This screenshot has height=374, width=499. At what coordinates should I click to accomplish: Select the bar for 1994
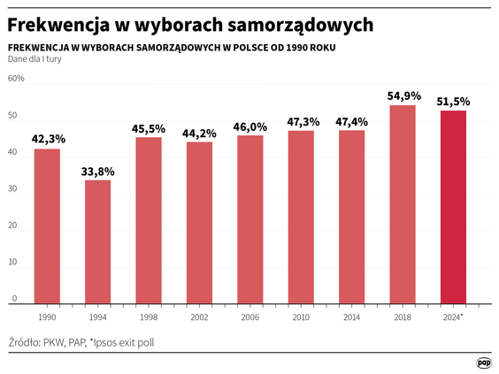coord(97,242)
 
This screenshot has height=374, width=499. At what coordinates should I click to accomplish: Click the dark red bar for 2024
coord(453,208)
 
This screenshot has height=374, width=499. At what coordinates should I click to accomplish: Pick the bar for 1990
coord(47,226)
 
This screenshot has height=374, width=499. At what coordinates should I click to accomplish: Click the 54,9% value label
coord(403,95)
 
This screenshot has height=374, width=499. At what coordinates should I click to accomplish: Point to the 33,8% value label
coord(98,171)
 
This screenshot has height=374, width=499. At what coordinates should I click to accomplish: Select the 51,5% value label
coord(453,102)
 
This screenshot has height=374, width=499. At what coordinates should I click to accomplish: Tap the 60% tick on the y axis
coord(16,79)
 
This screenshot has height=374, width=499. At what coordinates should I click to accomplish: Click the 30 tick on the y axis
coord(13,190)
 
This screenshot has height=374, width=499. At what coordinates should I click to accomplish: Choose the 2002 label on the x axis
coord(200,316)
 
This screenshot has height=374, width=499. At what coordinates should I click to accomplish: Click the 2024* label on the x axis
coord(454,316)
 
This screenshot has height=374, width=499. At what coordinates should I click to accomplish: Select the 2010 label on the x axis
coord(301,316)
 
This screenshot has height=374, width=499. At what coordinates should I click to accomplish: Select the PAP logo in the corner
coord(484,362)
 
